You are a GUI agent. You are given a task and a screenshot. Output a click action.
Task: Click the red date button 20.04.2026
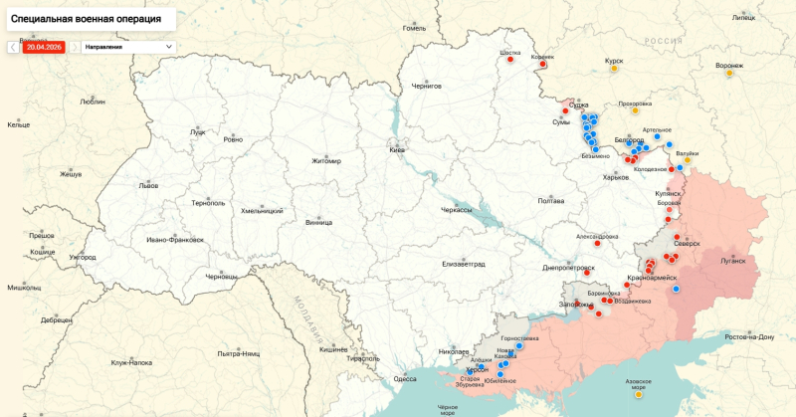pos(43,47)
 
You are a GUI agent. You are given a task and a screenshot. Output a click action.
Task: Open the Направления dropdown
pos(127,47)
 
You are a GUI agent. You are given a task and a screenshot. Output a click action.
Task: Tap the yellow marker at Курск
pos(616,70)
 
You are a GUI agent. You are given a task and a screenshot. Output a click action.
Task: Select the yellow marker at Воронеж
pos(729,73)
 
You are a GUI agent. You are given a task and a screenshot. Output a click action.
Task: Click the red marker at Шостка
pos(510,60)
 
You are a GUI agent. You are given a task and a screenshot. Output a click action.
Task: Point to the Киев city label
pos(397,149)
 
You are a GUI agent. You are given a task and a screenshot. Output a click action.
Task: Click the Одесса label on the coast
pos(405,379)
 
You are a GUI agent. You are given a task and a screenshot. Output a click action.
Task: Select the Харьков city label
pos(616,178)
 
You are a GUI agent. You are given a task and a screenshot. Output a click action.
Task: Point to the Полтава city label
pos(551,201)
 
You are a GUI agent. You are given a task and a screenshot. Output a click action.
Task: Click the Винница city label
pos(319,222)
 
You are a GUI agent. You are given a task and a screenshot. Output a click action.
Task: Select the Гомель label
pos(414,28)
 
